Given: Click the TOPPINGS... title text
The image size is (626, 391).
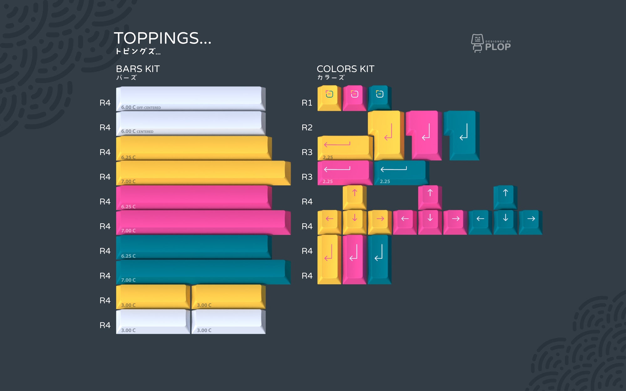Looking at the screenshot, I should [162, 38].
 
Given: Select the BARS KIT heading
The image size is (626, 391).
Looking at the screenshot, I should [138, 69].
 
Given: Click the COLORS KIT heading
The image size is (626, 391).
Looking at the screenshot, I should [345, 69].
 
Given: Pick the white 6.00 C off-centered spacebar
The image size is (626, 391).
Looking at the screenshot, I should [190, 98].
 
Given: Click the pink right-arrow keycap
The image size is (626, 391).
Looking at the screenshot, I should [455, 221].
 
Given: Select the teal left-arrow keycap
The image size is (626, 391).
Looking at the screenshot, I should [480, 221].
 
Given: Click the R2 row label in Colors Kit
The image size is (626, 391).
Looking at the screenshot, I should [307, 127].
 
